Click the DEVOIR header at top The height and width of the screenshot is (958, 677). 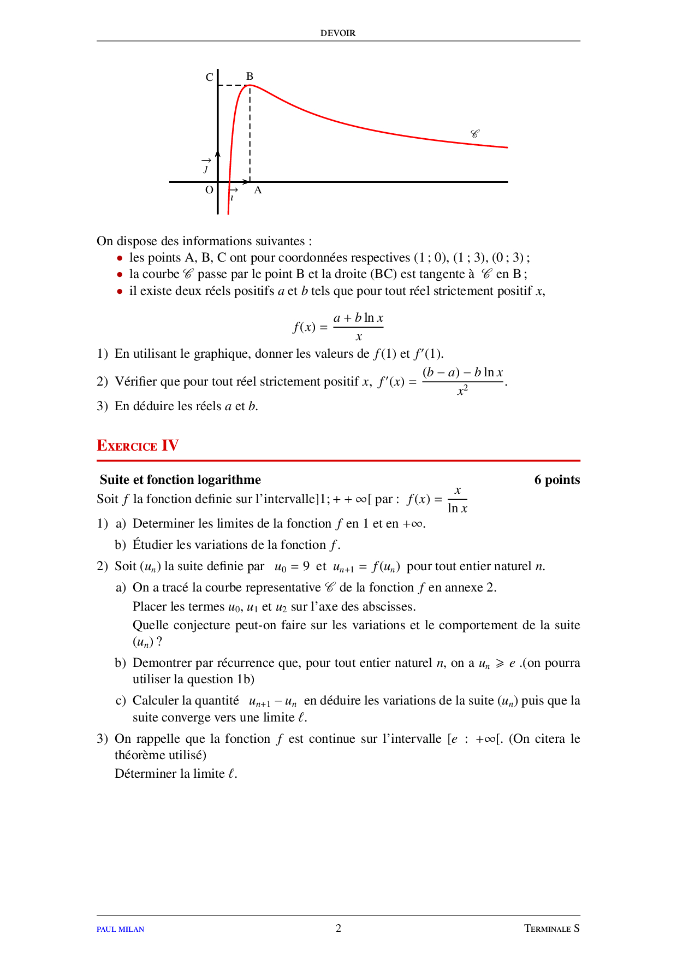[338, 33]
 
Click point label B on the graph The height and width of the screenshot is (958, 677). [250, 76]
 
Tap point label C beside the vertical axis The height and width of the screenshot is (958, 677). [209, 78]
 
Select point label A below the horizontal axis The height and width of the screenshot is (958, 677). [258, 190]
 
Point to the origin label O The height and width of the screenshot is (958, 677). [209, 190]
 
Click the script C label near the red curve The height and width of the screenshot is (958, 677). [474, 134]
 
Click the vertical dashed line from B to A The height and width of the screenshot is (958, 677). [250, 137]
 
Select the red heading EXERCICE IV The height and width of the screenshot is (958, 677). [138, 446]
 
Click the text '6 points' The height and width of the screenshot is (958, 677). [557, 480]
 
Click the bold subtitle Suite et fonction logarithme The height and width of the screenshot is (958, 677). [180, 480]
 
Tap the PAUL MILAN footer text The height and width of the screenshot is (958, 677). [120, 929]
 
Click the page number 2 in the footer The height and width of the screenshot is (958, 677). [339, 928]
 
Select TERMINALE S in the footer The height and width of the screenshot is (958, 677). [551, 929]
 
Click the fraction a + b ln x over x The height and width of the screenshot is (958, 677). [358, 327]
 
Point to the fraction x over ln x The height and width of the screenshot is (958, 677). [457, 499]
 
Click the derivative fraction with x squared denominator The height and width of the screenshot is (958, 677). [462, 381]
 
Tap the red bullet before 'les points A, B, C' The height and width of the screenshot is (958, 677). [120, 258]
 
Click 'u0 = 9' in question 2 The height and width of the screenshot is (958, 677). [292, 567]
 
